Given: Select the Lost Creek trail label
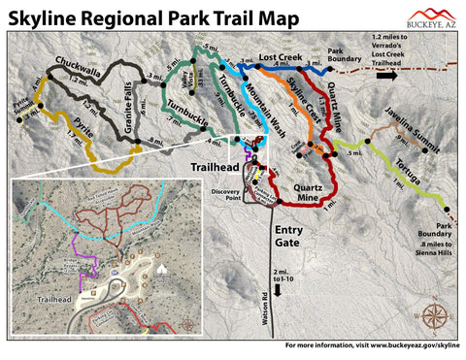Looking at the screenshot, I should pyautogui.click(x=281, y=60).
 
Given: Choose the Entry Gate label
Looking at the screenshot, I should pyautogui.click(x=292, y=236).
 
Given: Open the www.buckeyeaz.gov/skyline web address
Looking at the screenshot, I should pyautogui.click(x=408, y=345).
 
